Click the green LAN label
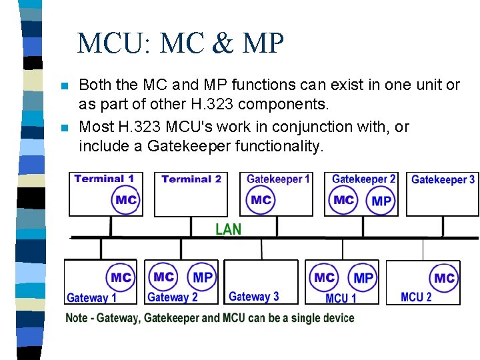tap(229, 229)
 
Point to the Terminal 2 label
tap(191, 179)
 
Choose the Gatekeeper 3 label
tap(443, 179)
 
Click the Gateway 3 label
tap(254, 296)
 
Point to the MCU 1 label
tap(341, 298)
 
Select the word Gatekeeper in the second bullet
tap(189, 146)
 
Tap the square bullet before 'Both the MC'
tap(65, 85)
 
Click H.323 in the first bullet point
tap(212, 104)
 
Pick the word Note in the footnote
tap(76, 318)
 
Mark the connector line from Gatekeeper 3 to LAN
tap(443, 226)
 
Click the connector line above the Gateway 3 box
tap(261, 249)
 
